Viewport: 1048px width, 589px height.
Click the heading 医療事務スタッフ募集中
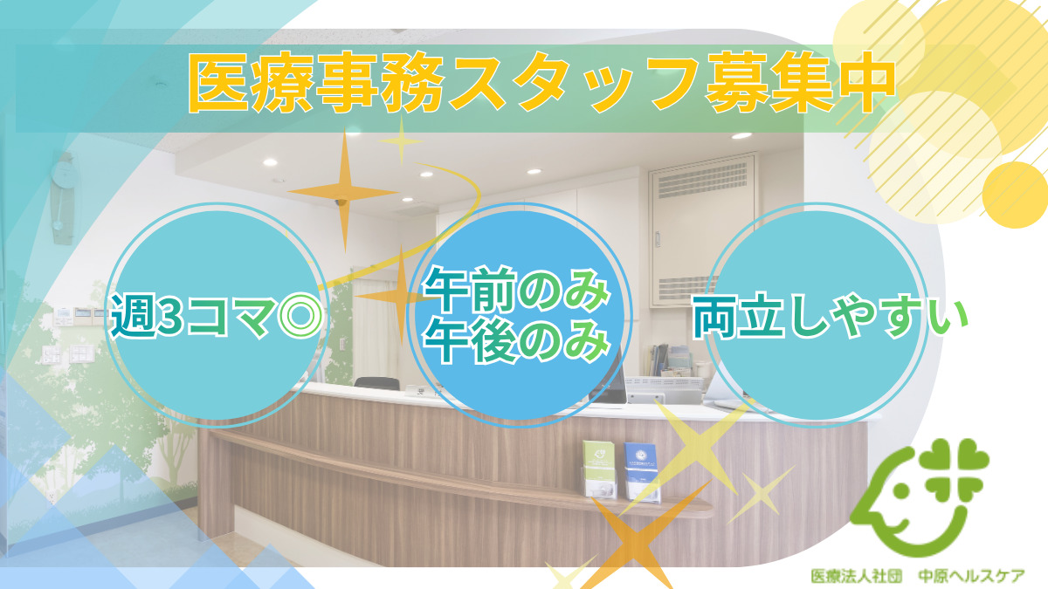pos(541,85)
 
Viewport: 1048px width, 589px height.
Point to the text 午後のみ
pos(515,341)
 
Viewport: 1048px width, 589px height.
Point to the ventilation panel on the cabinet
pos(702,185)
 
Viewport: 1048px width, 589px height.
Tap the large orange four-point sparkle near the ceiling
pos(343,188)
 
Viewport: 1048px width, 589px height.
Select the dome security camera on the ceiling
pos(341,202)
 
